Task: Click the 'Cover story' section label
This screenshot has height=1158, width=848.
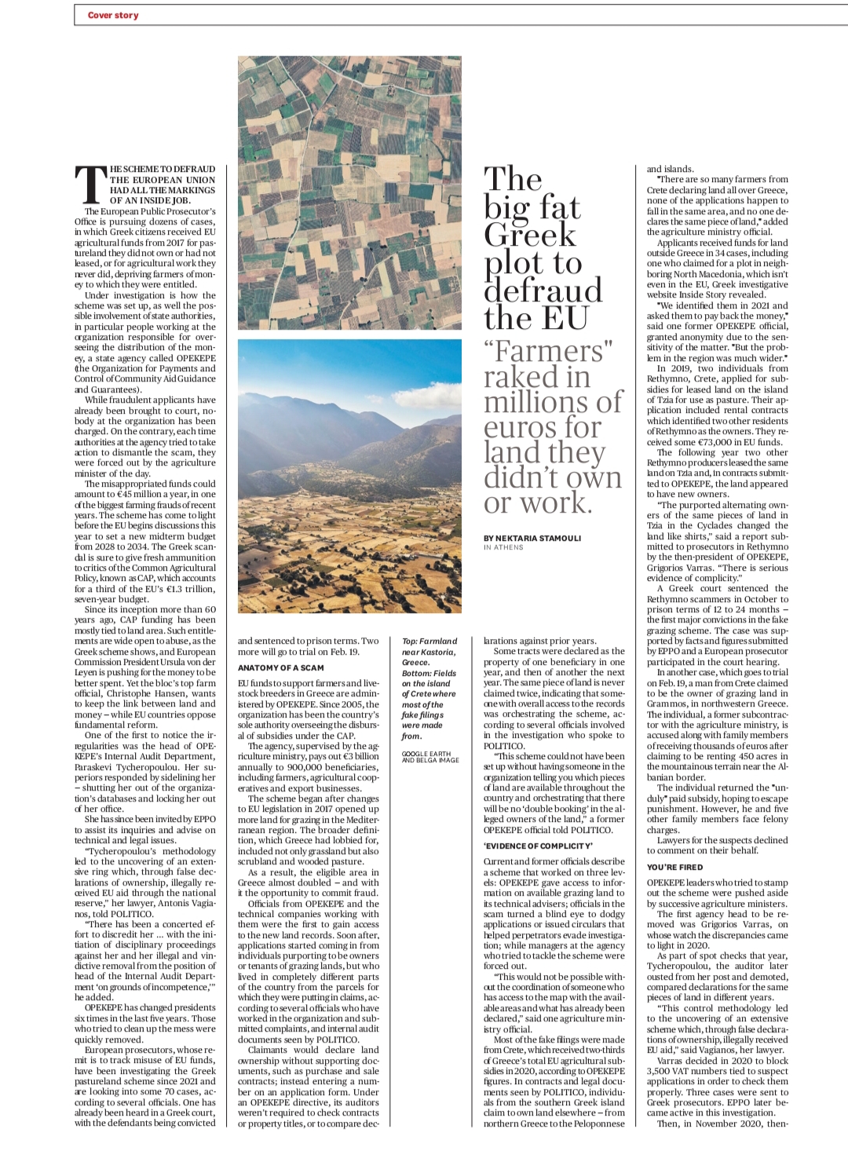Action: tap(113, 15)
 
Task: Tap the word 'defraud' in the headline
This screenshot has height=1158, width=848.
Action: tap(543, 290)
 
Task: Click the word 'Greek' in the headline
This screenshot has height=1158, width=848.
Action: tap(530, 235)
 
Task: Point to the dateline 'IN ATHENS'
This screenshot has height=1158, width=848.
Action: tap(503, 547)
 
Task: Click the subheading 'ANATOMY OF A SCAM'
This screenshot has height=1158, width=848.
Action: tap(280, 667)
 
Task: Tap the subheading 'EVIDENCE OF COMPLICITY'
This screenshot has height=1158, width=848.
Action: tap(538, 846)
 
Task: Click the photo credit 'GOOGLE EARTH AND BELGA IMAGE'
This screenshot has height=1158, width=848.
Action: tap(429, 757)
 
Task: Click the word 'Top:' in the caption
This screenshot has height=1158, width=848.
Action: tap(411, 641)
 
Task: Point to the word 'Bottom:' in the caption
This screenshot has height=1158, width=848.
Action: tap(418, 673)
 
